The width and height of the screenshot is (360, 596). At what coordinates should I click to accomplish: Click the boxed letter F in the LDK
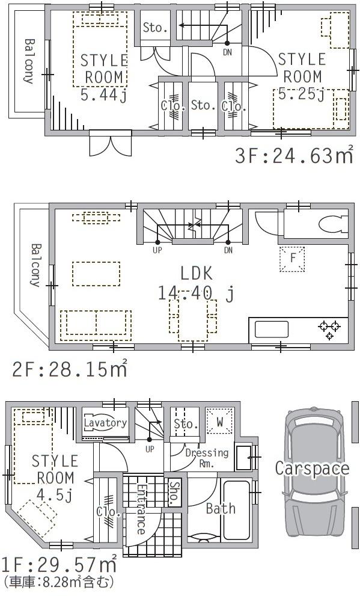tap(293, 259)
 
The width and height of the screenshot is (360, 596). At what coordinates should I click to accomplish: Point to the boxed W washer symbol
tap(220, 422)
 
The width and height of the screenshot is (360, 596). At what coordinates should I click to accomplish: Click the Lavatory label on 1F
tap(106, 423)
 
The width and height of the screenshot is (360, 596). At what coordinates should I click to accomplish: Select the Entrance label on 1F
tap(140, 508)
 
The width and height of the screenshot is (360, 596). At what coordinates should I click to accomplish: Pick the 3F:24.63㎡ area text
tap(293, 156)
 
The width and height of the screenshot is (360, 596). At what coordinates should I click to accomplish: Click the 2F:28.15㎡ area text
tap(69, 367)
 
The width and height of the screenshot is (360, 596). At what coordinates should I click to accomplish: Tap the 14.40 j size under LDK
tap(195, 293)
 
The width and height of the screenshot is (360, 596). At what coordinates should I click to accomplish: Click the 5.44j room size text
tap(103, 94)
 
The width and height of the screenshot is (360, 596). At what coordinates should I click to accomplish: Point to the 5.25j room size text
tap(301, 94)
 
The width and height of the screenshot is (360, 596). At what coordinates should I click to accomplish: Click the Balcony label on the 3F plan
tap(28, 60)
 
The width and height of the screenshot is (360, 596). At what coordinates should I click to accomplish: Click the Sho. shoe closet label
tap(175, 494)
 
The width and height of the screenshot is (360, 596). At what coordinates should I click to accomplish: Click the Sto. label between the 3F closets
tap(203, 106)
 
